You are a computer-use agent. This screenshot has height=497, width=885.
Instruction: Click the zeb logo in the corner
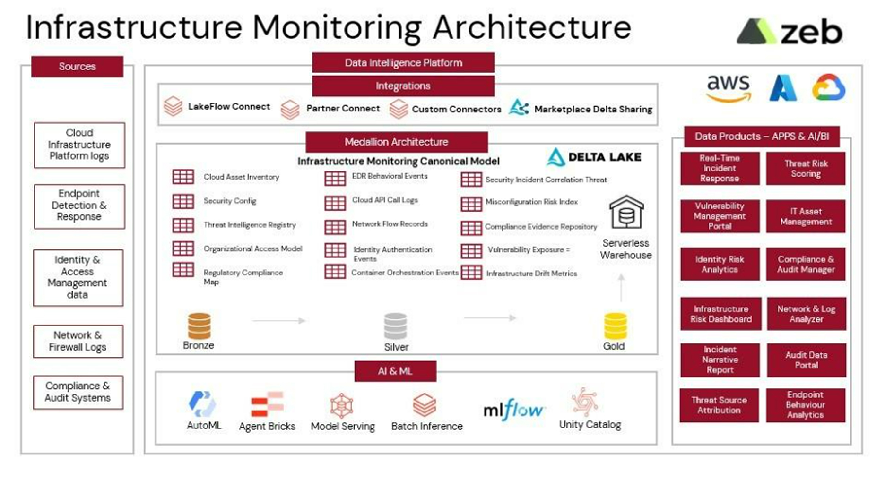click(x=790, y=32)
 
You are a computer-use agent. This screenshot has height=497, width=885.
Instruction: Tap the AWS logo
click(x=728, y=88)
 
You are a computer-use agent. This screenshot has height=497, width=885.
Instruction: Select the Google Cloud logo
click(x=828, y=87)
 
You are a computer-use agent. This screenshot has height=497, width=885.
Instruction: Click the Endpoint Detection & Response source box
click(x=79, y=206)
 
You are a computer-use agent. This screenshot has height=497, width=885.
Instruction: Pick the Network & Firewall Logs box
click(x=78, y=341)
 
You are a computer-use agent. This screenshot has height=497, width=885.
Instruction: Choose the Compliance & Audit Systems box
click(x=78, y=392)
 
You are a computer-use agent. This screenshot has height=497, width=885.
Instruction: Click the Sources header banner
click(x=77, y=67)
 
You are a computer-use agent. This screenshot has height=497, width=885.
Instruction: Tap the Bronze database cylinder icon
click(x=199, y=326)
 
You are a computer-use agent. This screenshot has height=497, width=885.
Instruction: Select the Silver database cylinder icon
click(x=396, y=326)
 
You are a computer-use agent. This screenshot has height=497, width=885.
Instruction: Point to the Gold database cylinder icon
click(x=615, y=326)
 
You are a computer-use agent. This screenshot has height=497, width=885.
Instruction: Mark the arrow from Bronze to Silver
click(x=279, y=321)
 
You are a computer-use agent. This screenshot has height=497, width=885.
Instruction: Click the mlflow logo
click(x=513, y=409)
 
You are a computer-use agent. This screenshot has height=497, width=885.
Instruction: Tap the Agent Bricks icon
click(x=267, y=405)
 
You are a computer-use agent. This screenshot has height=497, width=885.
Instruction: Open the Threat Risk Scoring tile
click(x=806, y=169)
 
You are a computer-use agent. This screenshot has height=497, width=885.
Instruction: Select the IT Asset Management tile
click(x=806, y=216)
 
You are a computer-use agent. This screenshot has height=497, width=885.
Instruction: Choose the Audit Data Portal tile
click(x=806, y=360)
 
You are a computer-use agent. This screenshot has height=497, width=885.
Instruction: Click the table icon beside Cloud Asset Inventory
click(x=183, y=177)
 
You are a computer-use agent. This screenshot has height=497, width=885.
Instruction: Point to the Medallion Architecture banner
click(x=396, y=142)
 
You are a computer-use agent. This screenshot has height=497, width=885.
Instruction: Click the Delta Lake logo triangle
click(x=556, y=157)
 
